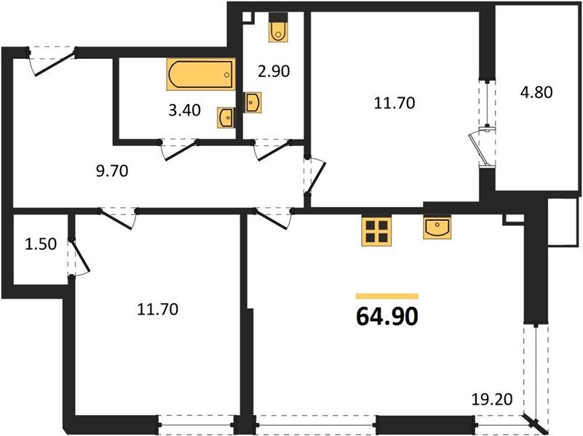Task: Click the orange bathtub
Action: pos(201,74)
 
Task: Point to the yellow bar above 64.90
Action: pos(386,296)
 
